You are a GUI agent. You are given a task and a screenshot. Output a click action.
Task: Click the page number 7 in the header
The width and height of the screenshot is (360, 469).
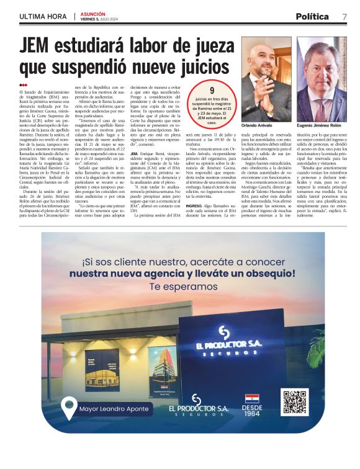pos(344,17)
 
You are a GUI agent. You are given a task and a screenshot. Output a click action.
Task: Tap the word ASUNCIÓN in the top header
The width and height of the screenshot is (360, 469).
pos(92,13)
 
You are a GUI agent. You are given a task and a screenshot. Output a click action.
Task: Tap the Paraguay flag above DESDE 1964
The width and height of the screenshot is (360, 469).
pos(251,397)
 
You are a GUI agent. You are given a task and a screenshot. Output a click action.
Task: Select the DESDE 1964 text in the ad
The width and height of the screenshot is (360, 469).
pos(251,411)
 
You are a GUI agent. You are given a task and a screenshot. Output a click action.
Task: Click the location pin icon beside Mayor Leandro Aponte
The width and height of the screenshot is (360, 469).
pos(69,408)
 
